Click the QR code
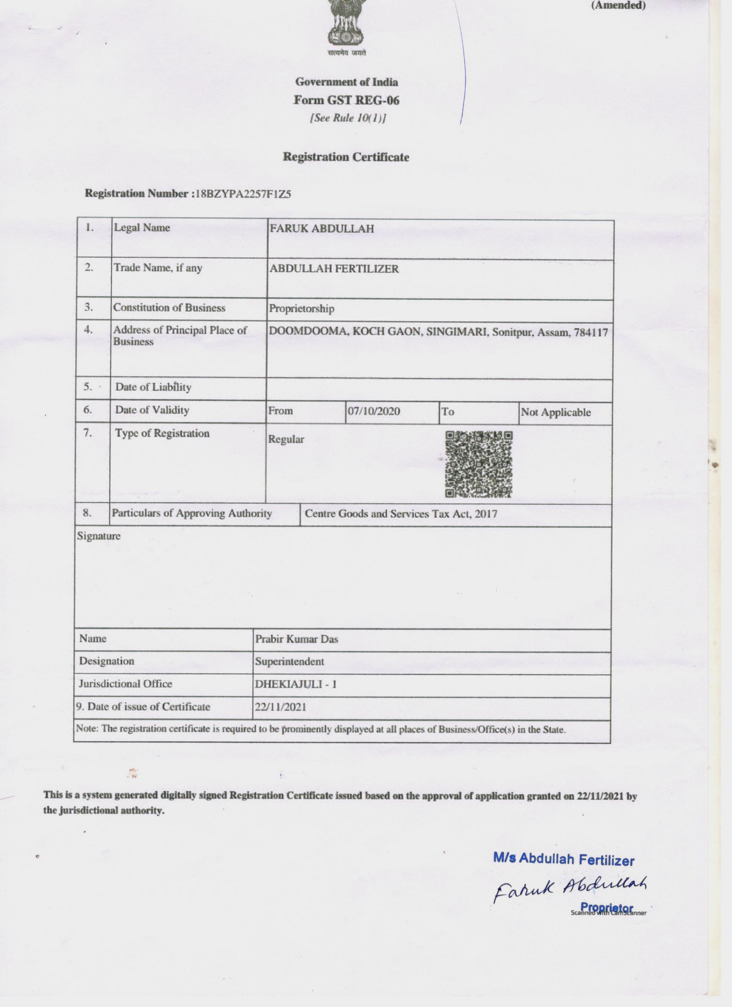click(478, 464)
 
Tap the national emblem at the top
click(346, 25)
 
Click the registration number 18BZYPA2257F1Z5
click(243, 194)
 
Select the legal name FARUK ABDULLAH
click(322, 229)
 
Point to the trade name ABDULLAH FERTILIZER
click(334, 269)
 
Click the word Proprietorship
click(301, 308)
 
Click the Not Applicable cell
click(556, 412)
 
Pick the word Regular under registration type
click(286, 439)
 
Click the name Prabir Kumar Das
click(297, 639)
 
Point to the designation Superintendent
click(289, 661)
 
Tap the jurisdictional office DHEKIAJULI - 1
click(296, 684)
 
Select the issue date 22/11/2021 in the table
click(280, 707)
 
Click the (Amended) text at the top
click(618, 6)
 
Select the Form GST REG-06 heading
click(346, 100)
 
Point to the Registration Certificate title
click(346, 157)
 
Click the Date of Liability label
click(153, 387)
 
